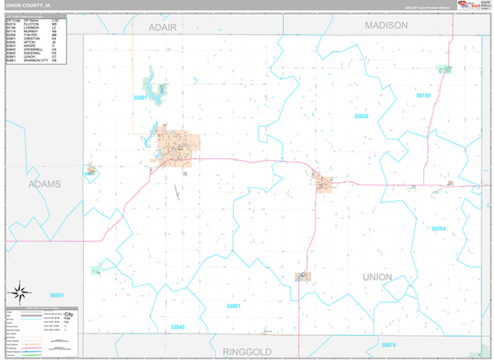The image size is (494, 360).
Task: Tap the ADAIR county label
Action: (163, 26)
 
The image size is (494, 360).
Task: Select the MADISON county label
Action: (386, 26)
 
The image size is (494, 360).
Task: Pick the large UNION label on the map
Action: (377, 277)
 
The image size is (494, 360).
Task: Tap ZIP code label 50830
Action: (361, 117)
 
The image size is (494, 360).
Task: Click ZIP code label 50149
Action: (422, 96)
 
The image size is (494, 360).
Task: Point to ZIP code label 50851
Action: (56, 294)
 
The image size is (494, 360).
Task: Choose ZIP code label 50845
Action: (179, 327)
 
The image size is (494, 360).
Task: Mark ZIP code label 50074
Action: (389, 344)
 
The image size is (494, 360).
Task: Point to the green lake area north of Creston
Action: (153, 85)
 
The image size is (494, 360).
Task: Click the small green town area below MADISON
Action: (445, 68)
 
